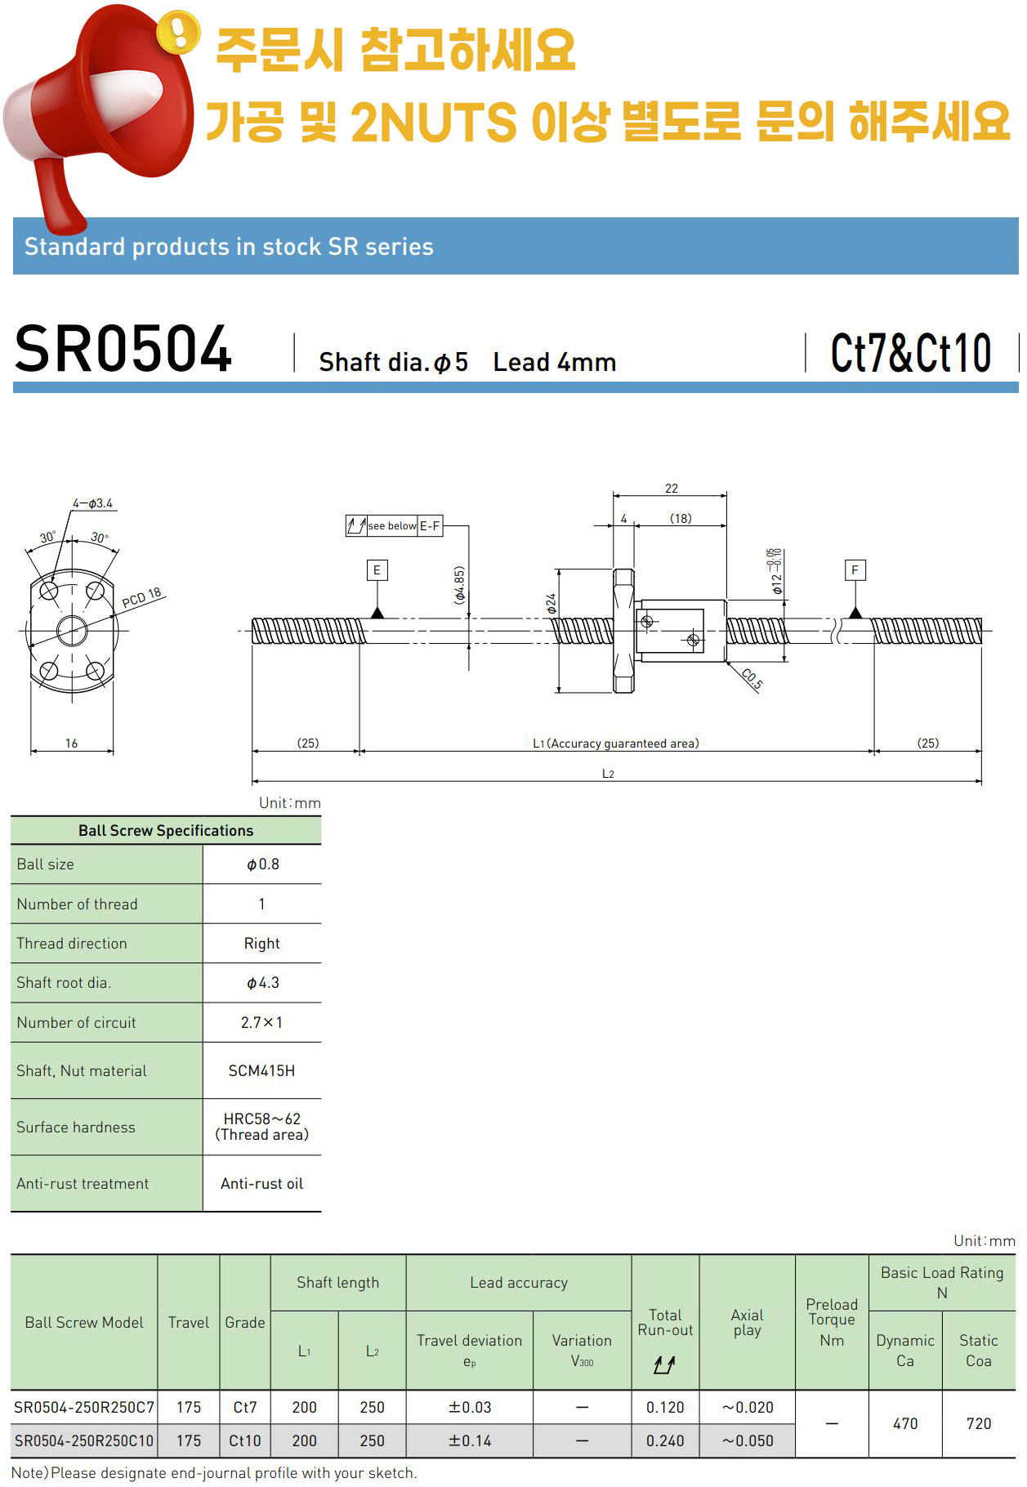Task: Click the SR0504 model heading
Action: pos(123,349)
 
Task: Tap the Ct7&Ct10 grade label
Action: pos(911,353)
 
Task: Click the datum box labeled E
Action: pos(377,570)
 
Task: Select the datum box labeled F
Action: pos(855,570)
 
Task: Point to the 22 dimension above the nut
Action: pos(672,489)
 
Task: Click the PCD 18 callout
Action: pos(142,597)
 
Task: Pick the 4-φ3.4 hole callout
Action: pos(92,503)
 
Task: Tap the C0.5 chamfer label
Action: pos(752,680)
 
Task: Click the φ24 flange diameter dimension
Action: pos(551,604)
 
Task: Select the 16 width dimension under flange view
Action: pos(72,743)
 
